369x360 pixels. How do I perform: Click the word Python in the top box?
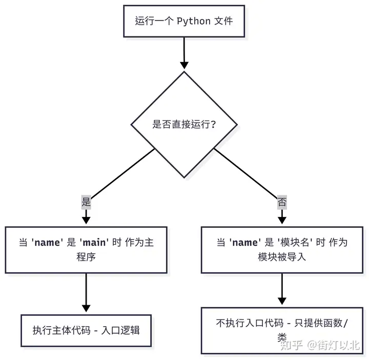[193, 21]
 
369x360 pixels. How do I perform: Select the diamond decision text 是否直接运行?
[184, 124]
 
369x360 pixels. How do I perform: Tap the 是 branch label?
[86, 202]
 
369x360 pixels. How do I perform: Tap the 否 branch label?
[282, 202]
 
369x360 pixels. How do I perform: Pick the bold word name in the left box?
[47, 243]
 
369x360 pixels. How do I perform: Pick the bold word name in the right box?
[245, 243]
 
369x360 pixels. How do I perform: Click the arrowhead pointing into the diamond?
[184, 65]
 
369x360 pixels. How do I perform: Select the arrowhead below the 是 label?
[86, 220]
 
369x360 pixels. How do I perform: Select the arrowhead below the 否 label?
[282, 220]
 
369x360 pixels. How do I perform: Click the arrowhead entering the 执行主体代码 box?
[86, 308]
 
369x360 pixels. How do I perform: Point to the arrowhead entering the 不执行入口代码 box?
[282, 301]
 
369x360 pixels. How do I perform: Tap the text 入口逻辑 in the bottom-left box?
[120, 330]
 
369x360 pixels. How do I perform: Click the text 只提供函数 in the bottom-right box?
[318, 323]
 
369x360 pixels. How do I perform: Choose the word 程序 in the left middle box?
[86, 256]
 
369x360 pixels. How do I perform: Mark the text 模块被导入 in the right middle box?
[282, 256]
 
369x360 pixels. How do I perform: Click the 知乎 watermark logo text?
[292, 345]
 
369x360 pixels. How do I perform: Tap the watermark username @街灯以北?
[334, 345]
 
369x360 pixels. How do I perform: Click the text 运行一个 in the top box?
[154, 21]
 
